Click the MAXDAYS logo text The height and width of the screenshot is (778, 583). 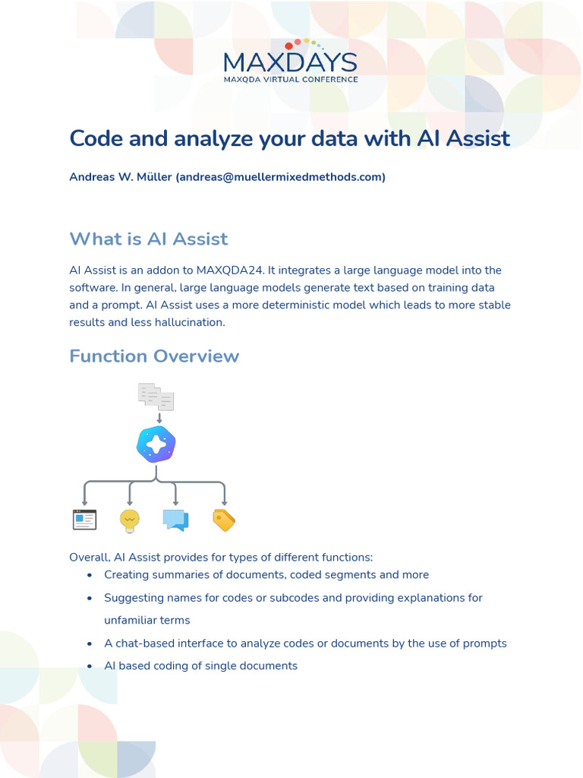coord(291,62)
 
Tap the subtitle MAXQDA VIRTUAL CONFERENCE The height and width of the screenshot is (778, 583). coord(291,78)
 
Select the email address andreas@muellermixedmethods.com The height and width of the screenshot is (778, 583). coord(280,177)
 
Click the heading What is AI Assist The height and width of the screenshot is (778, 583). coord(148,239)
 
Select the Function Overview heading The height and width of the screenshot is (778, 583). coord(154,356)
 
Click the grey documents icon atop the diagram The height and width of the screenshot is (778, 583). coord(156,396)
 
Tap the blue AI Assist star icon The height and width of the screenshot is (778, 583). coord(156,444)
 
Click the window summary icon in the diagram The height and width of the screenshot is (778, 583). coord(84,520)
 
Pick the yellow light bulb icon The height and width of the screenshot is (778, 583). coord(130,520)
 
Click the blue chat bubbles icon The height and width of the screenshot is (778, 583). coord(175,520)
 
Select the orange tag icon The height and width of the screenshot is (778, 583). coord(224,520)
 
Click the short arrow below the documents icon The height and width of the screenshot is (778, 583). coord(159,417)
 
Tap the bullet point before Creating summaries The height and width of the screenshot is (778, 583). coord(90,575)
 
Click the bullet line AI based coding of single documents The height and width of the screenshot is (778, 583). coord(200,666)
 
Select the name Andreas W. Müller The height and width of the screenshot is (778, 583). coord(120,177)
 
